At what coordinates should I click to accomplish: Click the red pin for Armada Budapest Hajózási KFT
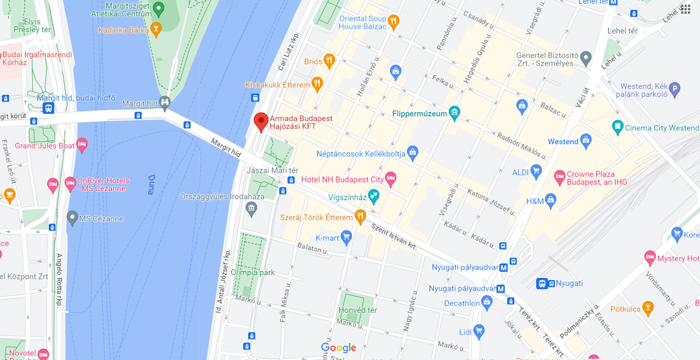point(261,121)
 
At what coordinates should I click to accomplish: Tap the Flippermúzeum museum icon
point(454,113)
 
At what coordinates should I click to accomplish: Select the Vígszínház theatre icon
point(374,196)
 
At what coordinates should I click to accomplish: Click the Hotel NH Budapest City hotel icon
point(390,179)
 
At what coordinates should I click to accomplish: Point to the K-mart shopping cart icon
point(346,238)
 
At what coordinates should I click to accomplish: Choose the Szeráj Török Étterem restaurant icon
point(360,216)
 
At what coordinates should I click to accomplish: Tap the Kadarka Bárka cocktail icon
point(156,29)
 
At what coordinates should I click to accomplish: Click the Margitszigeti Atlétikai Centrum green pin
point(158,9)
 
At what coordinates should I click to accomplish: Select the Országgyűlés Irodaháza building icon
point(251,209)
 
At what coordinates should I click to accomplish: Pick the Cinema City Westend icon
point(618,128)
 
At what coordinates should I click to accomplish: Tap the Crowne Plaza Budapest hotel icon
point(559,177)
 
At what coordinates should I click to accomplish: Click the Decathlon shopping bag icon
point(486,303)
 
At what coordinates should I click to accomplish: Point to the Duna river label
point(151,184)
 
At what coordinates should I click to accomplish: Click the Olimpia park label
point(253,272)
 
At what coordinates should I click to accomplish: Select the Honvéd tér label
point(358,310)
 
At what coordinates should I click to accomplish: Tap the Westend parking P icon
point(675,89)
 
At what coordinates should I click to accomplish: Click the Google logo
point(338,348)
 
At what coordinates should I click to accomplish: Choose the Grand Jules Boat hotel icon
point(81,145)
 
